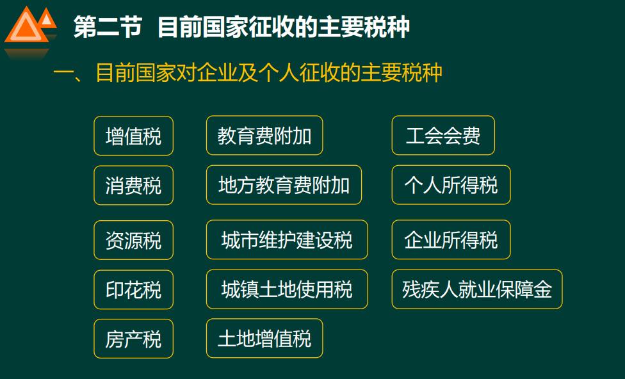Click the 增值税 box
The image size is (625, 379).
pos(133,136)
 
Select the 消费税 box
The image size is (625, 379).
pos(133,186)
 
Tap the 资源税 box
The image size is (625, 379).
pos(133,240)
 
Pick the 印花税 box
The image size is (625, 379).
pos(133,289)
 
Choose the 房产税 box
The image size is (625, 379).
pos(133,339)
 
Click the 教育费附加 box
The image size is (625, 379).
pos(264,136)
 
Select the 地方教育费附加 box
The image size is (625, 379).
pos(284,186)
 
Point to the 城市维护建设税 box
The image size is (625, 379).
pos(286,240)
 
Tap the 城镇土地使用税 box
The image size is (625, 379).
pos(286,289)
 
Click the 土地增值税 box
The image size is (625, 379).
pos(264,339)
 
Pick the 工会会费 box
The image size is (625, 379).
pos(443,136)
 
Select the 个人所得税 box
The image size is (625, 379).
pos(451,186)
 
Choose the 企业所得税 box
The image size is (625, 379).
pos(451,240)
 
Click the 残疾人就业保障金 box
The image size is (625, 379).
pos(476,289)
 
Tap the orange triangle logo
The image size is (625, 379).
pos(29,29)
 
